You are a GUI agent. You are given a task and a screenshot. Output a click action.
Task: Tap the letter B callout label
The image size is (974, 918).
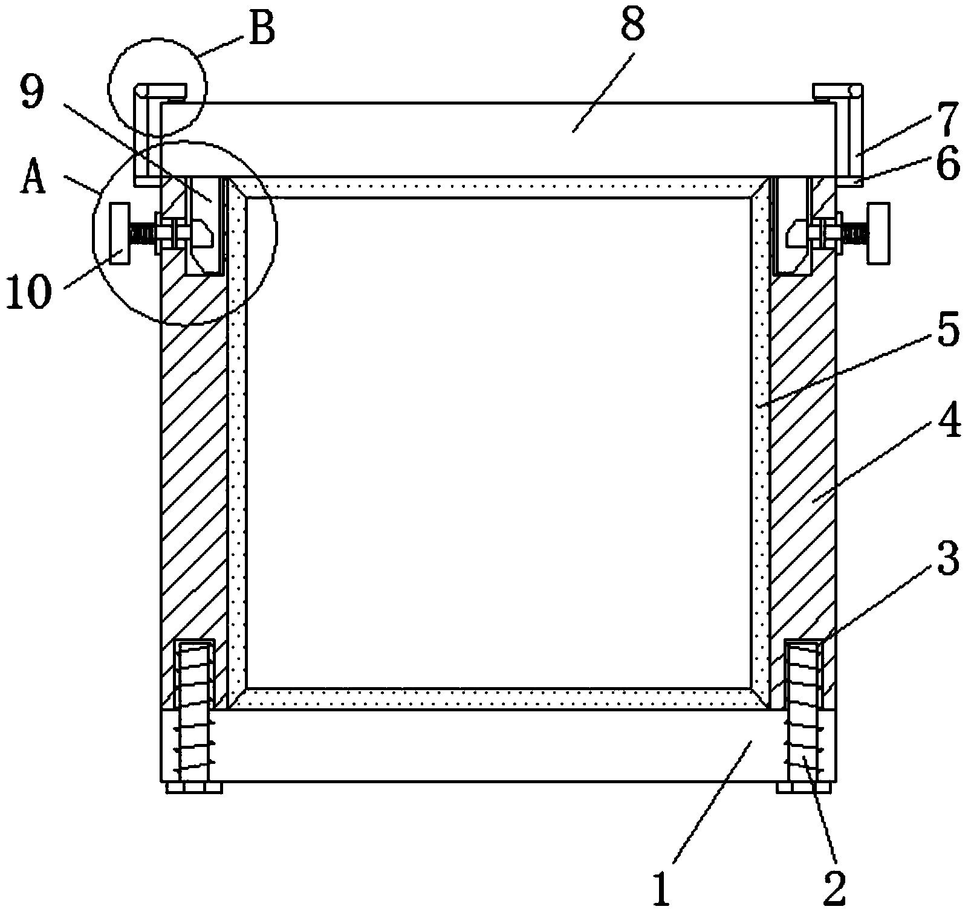[261, 29]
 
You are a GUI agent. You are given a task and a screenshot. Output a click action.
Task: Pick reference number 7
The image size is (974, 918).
[945, 119]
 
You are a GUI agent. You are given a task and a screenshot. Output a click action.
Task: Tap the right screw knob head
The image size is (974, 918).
[878, 234]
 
